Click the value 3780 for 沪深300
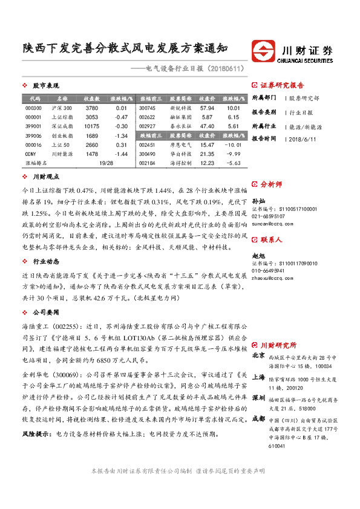coord(92,108)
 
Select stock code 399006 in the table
coord(34,135)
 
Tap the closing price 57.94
coord(207,108)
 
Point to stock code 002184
coord(148,163)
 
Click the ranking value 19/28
coord(106,163)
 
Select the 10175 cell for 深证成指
coord(92,126)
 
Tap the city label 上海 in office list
coord(258,375)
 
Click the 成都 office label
coord(258,418)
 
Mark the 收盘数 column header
coord(92,98)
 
